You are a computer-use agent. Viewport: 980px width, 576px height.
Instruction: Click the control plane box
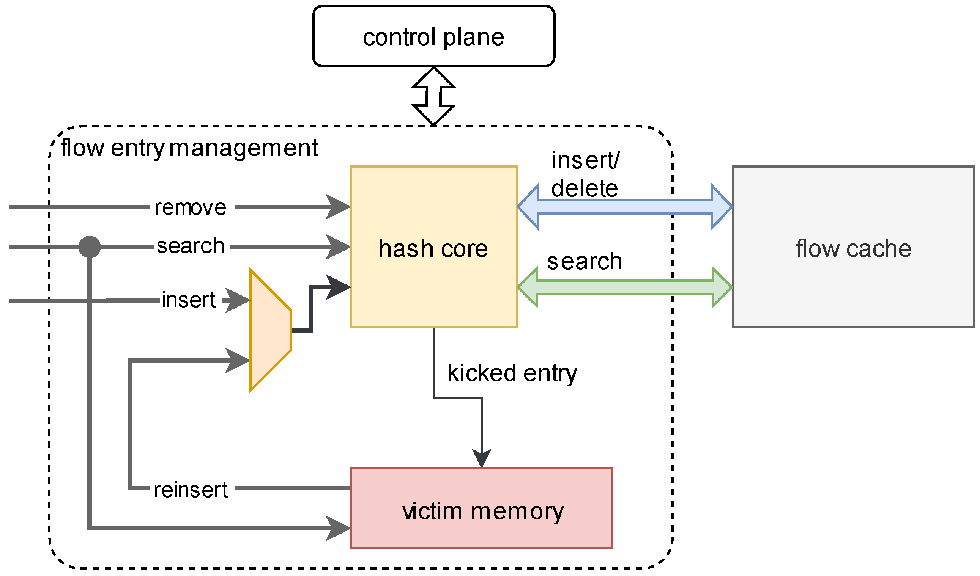point(433,36)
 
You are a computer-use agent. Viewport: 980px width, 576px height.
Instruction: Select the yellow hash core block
point(433,272)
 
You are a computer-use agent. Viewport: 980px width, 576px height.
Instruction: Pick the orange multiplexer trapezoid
point(270,331)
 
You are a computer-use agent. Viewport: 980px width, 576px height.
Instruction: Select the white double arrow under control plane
point(433,96)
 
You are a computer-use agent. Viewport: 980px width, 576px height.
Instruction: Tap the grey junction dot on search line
point(90,246)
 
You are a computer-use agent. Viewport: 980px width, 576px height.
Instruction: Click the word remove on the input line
point(190,207)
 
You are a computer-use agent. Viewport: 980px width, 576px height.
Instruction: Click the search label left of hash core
point(190,246)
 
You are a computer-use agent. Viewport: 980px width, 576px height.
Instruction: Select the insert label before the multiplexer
point(188,300)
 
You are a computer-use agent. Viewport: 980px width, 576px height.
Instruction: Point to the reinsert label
point(190,490)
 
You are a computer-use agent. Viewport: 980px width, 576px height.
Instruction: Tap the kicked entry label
point(512,373)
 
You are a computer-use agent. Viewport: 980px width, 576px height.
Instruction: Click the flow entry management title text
point(189,148)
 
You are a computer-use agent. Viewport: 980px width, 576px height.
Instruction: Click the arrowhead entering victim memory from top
point(481,458)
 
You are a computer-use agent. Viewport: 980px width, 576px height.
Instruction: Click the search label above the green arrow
point(584,261)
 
